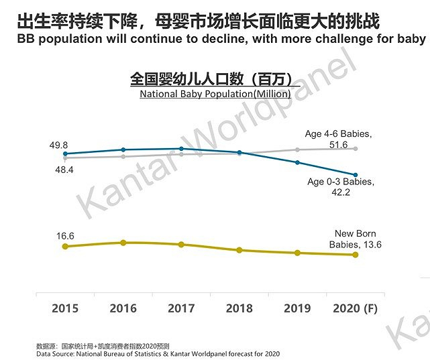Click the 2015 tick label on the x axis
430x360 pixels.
[65, 308]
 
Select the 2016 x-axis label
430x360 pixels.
[123, 308]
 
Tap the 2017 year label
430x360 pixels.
[181, 308]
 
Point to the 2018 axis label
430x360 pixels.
[239, 308]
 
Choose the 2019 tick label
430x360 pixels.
[297, 308]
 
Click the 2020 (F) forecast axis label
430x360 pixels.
[356, 308]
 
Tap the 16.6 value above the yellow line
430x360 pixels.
[64, 236]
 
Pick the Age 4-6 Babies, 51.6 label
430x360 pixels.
[338, 139]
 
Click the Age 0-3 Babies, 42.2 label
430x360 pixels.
[340, 187]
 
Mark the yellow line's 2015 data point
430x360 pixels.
[65, 247]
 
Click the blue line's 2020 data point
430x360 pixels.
[356, 175]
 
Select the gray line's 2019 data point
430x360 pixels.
[297, 149]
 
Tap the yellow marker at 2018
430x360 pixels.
[239, 250]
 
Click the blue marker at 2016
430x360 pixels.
[123, 149]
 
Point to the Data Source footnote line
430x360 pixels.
[158, 353]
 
